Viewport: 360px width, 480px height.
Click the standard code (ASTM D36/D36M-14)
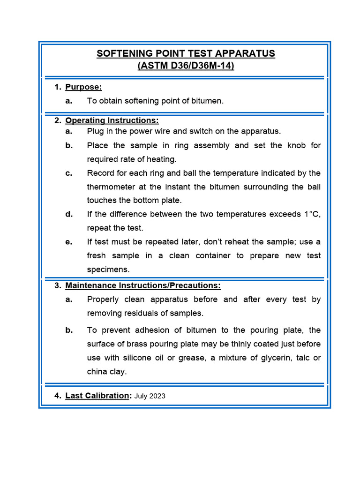[186, 66]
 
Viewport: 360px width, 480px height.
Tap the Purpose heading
[83, 87]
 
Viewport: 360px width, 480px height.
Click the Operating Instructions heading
[112, 120]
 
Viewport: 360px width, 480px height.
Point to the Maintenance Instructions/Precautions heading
[143, 285]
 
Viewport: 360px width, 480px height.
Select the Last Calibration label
[97, 396]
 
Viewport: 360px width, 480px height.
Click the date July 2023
[150, 396]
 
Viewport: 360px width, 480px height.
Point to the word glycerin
[273, 358]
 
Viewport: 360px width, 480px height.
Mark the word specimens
[108, 270]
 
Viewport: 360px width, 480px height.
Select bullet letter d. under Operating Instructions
[69, 214]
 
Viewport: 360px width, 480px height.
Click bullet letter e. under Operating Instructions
[69, 242]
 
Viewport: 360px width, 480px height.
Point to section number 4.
[57, 396]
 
